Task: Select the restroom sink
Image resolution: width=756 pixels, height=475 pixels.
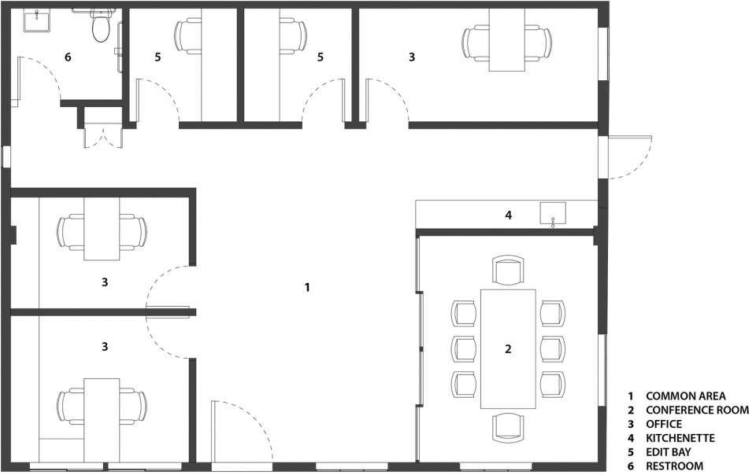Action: click(36, 22)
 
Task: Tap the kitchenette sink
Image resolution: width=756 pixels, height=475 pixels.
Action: click(553, 212)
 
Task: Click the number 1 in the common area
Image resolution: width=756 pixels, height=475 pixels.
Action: click(307, 287)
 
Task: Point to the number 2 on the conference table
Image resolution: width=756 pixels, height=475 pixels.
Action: click(508, 349)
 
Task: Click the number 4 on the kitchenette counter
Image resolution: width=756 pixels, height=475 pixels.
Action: click(508, 215)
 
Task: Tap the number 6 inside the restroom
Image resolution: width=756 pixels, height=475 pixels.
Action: click(68, 57)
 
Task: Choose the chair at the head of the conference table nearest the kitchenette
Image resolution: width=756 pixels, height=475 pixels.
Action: click(508, 271)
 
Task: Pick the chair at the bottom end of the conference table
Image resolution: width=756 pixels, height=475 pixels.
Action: click(508, 428)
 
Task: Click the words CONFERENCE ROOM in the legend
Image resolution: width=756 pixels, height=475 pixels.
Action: click(697, 410)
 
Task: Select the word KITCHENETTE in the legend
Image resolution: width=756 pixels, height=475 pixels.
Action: click(680, 438)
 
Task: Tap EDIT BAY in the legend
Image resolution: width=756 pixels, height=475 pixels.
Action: click(669, 452)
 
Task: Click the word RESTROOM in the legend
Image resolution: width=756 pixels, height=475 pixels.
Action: click(675, 466)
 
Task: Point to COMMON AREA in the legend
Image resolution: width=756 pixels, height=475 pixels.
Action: click(686, 396)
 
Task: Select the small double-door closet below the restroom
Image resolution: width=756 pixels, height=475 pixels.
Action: click(102, 134)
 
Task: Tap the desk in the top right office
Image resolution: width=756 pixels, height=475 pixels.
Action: click(506, 40)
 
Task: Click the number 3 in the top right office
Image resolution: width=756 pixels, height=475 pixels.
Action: click(411, 57)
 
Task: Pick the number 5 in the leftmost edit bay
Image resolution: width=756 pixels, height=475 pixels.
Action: click(157, 57)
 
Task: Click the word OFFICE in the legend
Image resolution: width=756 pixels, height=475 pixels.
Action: click(664, 424)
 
